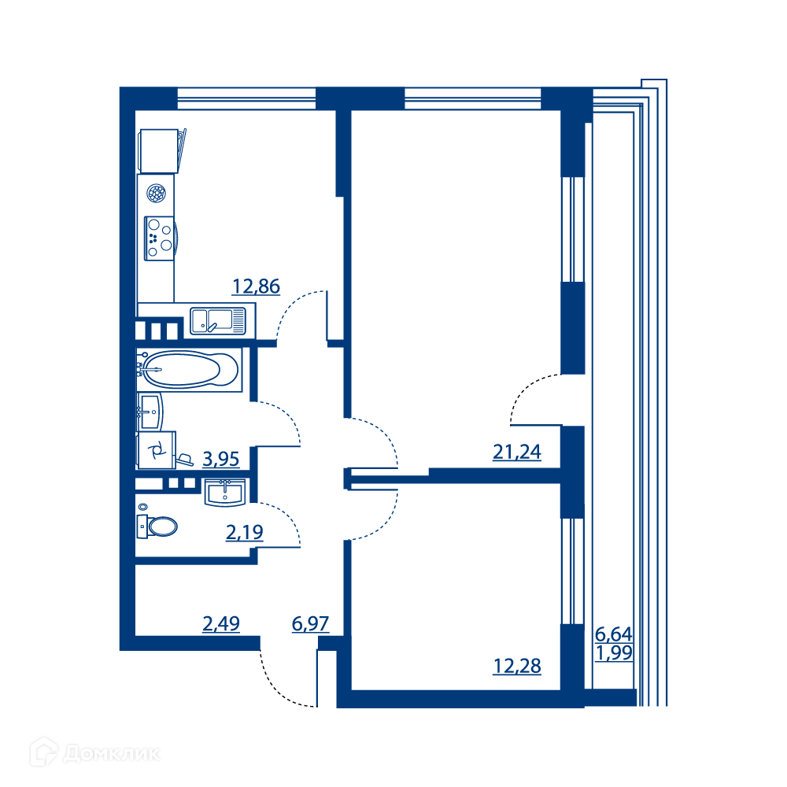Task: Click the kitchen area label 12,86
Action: [x=256, y=286]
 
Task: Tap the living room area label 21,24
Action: [x=517, y=453]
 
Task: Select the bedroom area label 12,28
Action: [x=517, y=666]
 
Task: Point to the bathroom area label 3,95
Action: [x=221, y=460]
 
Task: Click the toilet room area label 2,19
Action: [x=245, y=532]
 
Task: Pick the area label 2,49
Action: [x=221, y=624]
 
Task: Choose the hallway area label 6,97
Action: [x=310, y=624]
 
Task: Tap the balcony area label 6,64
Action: [x=613, y=634]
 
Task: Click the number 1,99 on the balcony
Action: [x=613, y=653]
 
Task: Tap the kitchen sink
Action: [x=218, y=321]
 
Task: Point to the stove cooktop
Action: [x=160, y=238]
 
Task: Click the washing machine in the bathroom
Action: [x=157, y=450]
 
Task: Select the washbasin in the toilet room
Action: [x=225, y=492]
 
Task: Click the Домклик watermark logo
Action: [x=95, y=753]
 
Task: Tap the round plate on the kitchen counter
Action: [x=156, y=194]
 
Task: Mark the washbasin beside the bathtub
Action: [x=150, y=412]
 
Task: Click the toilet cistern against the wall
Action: [x=142, y=527]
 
